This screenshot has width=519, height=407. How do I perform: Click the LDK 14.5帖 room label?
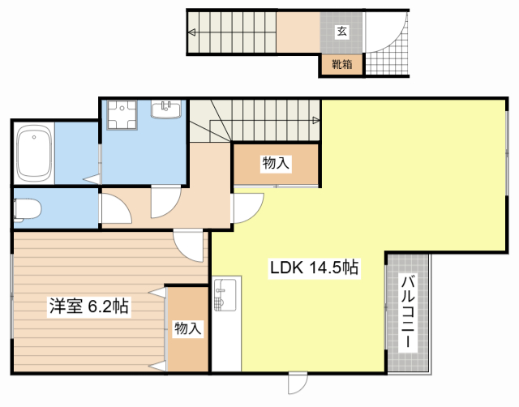[x=314, y=268]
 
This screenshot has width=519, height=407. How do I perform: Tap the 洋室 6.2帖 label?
[x=88, y=306]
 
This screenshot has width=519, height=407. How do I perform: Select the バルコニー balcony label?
[x=408, y=311]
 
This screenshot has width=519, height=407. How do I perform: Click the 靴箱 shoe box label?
[x=342, y=64]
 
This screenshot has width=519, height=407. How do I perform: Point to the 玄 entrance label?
[x=342, y=32]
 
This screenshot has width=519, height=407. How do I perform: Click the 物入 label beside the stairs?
[x=276, y=163]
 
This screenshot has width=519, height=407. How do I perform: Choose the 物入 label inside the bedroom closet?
[x=187, y=328]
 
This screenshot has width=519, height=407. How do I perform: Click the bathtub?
[x=34, y=153]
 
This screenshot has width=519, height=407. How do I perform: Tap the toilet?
[x=27, y=210]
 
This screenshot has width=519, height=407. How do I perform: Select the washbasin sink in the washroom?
[x=166, y=109]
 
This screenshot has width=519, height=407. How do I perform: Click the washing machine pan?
[x=122, y=115]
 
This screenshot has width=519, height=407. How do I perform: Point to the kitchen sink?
[x=225, y=295]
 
